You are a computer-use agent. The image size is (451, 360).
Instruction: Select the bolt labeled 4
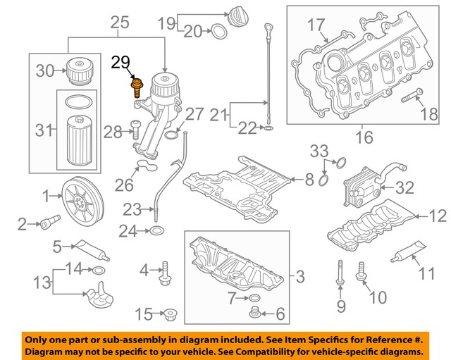(x=166, y=273)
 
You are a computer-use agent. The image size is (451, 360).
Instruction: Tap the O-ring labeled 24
(x=157, y=230)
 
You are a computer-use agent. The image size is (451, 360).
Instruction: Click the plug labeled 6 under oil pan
(x=254, y=312)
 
